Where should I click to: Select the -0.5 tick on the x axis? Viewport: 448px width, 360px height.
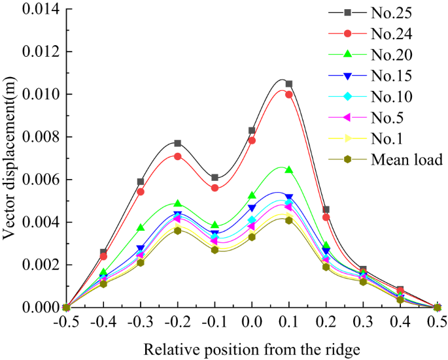tap(66, 322)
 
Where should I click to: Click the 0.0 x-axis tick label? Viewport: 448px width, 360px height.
tap(252, 322)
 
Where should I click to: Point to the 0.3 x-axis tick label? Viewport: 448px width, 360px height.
tap(363, 322)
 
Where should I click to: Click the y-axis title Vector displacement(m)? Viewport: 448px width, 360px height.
tap(10, 159)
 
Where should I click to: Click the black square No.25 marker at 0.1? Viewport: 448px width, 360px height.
tap(289, 84)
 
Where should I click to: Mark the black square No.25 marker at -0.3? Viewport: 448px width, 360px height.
tap(141, 182)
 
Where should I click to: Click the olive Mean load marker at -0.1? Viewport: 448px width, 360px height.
tap(215, 250)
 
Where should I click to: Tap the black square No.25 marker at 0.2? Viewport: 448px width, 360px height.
tap(326, 210)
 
